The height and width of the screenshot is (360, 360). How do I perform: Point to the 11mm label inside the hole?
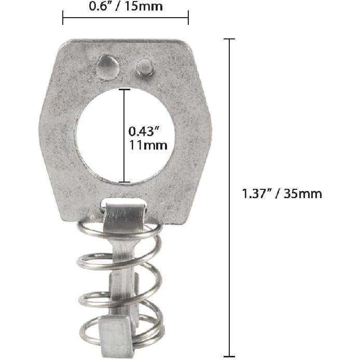coord(148,145)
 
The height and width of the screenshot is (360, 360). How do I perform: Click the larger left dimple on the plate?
coord(107,67)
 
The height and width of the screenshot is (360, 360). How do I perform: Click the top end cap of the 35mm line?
coord(229,39)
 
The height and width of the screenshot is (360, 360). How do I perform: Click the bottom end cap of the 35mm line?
coord(229,356)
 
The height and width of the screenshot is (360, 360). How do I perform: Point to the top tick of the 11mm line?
coord(124,89)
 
